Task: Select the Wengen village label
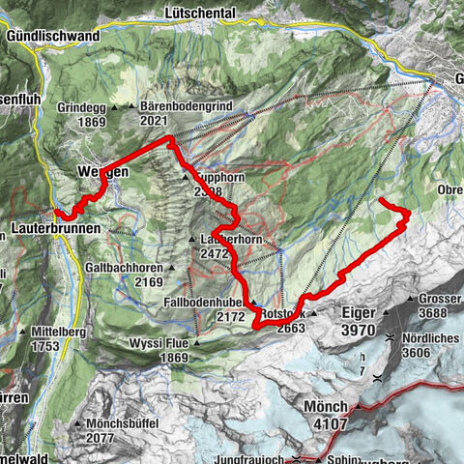click(x=101, y=174)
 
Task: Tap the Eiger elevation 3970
click(x=359, y=331)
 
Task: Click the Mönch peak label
click(x=327, y=406)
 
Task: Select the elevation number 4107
click(x=327, y=422)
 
